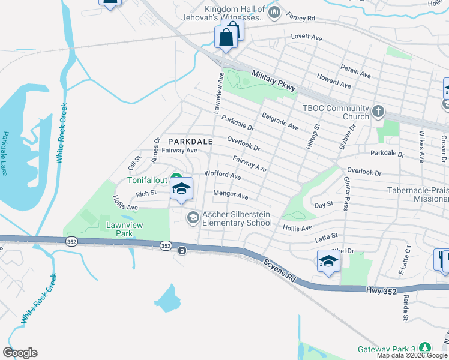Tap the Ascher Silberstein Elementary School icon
tap(193, 217)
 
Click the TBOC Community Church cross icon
tap(378, 111)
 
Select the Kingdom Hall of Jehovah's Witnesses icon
tap(274, 12)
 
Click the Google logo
tap(20, 353)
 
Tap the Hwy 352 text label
tap(380, 290)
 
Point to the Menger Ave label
tap(231, 195)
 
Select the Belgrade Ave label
tap(280, 120)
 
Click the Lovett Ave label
tap(307, 37)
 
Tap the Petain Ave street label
tap(355, 73)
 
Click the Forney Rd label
tap(301, 17)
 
